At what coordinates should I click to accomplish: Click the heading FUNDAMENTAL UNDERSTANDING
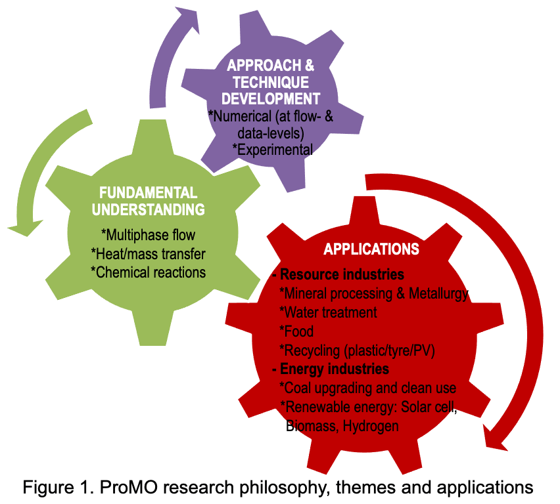tap(148, 201)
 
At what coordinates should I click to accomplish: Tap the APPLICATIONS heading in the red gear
tap(371, 249)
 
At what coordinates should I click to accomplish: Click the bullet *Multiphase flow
tap(149, 234)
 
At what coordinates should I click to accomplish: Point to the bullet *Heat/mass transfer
tap(149, 253)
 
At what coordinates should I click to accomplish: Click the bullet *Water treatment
tap(328, 312)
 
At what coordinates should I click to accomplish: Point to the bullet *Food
tap(296, 331)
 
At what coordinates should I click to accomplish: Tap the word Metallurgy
tap(440, 293)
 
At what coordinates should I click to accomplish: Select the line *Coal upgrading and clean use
tap(367, 388)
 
